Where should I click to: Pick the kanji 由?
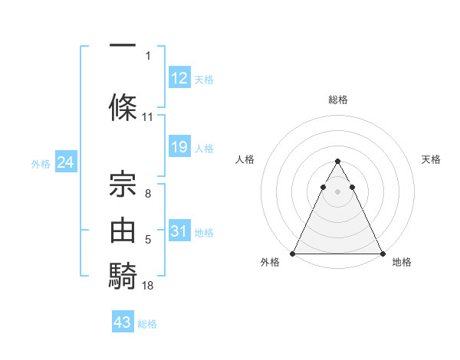pyautogui.click(x=123, y=231)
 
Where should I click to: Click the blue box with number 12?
pyautogui.click(x=179, y=78)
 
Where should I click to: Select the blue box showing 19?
pyautogui.click(x=179, y=147)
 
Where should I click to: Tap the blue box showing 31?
pyautogui.click(x=179, y=231)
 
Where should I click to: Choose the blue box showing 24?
pyautogui.click(x=65, y=162)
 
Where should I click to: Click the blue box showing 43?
pyautogui.click(x=122, y=322)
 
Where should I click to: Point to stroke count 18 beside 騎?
pyautogui.click(x=149, y=286)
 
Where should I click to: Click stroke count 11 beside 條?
pyautogui.click(x=148, y=117)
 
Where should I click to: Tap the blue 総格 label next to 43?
pyautogui.click(x=147, y=324)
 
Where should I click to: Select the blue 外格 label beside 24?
pyautogui.click(x=41, y=164)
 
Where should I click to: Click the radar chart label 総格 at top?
pyautogui.click(x=338, y=100)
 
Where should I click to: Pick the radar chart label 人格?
pyautogui.click(x=245, y=159)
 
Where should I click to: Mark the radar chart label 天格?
pyautogui.click(x=432, y=159)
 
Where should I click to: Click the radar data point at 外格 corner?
pyautogui.click(x=293, y=253)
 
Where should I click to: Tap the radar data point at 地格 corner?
pyautogui.click(x=383, y=253)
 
